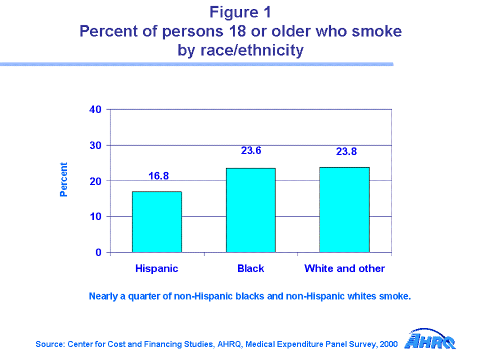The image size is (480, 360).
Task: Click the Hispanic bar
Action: point(156,222)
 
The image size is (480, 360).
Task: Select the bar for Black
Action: point(250,210)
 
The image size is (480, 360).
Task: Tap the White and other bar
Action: point(344,209)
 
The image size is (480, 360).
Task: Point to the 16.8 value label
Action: point(159,177)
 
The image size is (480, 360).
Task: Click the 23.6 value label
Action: point(251,151)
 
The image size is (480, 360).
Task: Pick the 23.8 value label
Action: point(347,151)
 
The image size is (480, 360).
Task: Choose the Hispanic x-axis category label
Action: point(156,268)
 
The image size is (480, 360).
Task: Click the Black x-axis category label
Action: point(250,268)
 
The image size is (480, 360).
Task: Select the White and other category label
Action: point(344,268)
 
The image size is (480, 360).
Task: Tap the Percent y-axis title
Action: point(64,180)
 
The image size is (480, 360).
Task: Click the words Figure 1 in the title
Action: point(240,11)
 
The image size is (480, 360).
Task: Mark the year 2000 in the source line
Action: point(389,344)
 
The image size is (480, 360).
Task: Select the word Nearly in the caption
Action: point(103,296)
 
